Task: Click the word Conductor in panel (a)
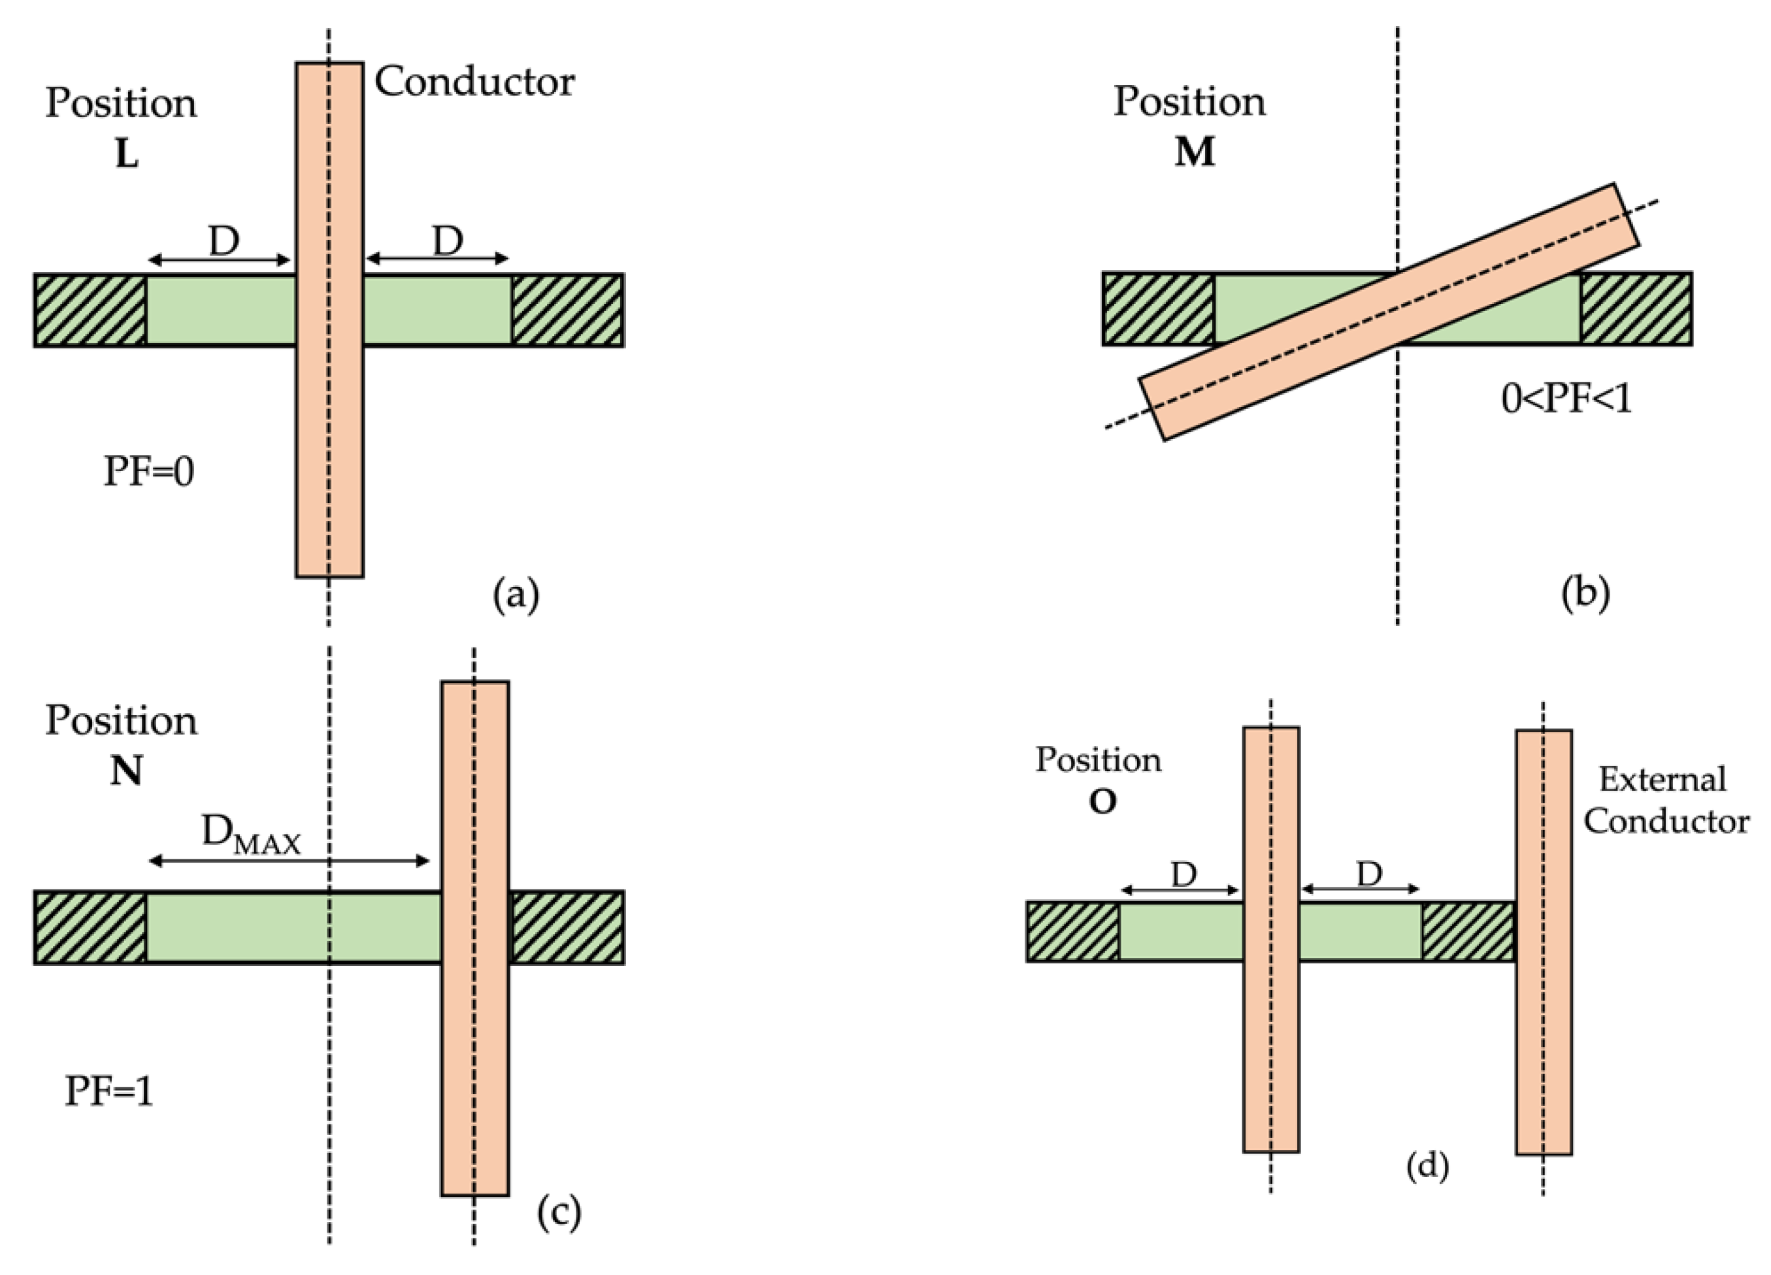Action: (x=474, y=82)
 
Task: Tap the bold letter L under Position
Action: (x=127, y=154)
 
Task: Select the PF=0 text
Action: (x=148, y=472)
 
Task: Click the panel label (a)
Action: (x=516, y=595)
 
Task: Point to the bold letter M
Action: (x=1195, y=152)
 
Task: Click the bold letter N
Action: (x=125, y=771)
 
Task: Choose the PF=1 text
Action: (x=108, y=1091)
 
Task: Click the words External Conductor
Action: (x=1666, y=801)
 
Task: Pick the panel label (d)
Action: (x=1427, y=1166)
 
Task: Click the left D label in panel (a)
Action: (x=223, y=241)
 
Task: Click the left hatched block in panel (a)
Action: (x=90, y=310)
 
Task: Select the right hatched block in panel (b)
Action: (x=1636, y=308)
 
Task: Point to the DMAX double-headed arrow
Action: (x=289, y=861)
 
